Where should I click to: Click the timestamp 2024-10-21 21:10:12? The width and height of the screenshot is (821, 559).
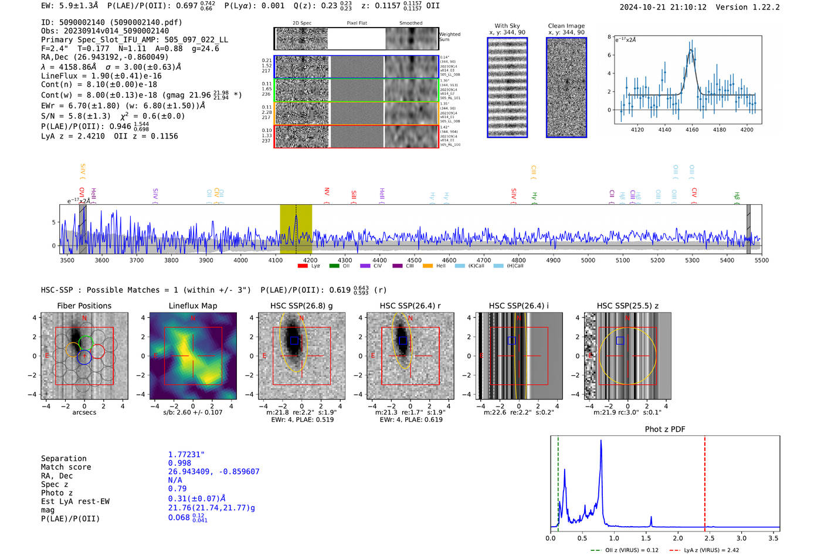point(663,7)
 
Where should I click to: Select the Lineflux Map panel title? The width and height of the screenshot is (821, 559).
point(192,306)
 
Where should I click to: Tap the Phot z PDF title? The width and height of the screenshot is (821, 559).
point(665,429)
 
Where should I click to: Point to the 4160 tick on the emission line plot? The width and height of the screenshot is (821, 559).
point(692,130)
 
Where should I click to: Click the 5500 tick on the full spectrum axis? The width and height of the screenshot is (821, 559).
point(761,260)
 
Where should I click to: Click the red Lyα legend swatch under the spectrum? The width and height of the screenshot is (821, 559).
point(303,266)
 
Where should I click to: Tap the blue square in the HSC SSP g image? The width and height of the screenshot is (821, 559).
point(294,341)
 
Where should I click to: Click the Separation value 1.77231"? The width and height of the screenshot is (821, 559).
point(186,455)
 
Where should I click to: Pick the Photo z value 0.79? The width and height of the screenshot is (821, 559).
point(177,489)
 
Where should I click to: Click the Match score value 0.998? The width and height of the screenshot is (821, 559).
point(179,463)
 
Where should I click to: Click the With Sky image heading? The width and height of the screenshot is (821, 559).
point(507,26)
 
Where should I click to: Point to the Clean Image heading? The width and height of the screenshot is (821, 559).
point(566,26)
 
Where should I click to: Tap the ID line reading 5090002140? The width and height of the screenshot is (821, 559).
point(111,22)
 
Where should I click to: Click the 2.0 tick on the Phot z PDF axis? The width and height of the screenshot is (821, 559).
point(678,538)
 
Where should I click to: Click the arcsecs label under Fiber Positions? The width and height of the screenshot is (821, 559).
point(84,412)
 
